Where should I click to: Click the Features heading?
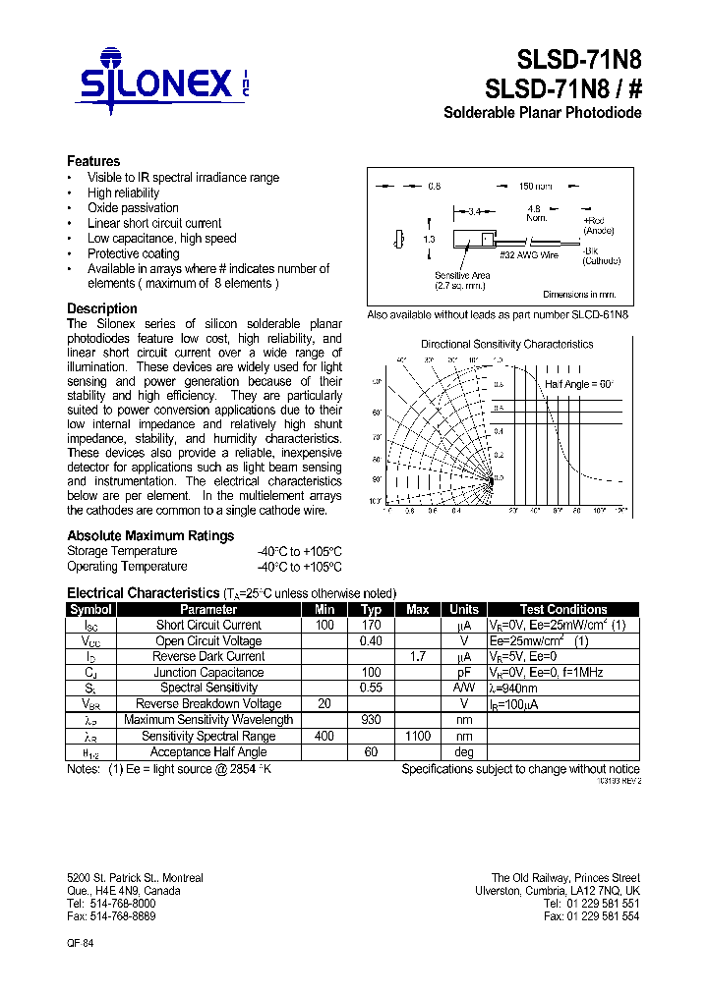[x=93, y=161]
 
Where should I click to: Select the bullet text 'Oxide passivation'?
[x=133, y=208]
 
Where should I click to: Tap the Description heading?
[x=101, y=308]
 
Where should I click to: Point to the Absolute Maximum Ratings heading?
[x=150, y=535]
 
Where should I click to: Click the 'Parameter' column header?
[x=208, y=609]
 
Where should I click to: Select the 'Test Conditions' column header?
[x=563, y=609]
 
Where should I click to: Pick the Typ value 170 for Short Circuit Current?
[x=371, y=625]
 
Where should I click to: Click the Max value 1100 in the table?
[x=417, y=736]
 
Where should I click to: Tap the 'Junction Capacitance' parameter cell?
[x=208, y=673]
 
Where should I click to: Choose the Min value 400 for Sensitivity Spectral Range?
[x=324, y=736]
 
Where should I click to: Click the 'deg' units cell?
[x=463, y=752]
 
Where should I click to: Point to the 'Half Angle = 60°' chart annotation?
[x=579, y=384]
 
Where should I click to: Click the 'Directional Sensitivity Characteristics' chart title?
[x=506, y=344]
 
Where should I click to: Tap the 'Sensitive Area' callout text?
[x=462, y=276]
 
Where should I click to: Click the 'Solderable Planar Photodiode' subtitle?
[x=543, y=113]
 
